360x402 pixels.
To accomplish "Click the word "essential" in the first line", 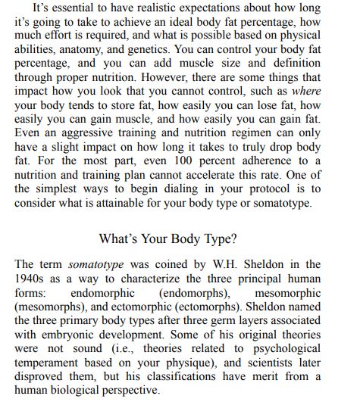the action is coord(72,8).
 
